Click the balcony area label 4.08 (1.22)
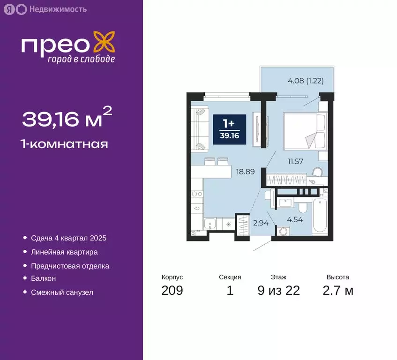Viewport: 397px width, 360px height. [x=305, y=80]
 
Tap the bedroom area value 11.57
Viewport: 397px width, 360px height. [x=296, y=162]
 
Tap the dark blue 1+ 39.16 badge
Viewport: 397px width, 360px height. [x=229, y=128]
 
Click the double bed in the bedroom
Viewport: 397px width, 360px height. [x=304, y=129]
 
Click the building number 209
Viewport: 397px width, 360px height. [x=172, y=291]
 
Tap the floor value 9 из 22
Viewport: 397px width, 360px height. [x=278, y=291]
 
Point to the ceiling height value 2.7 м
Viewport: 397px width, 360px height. [x=338, y=291]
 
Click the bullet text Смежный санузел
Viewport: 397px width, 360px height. [x=62, y=292]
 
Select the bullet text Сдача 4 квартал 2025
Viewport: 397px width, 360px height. [x=68, y=238]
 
